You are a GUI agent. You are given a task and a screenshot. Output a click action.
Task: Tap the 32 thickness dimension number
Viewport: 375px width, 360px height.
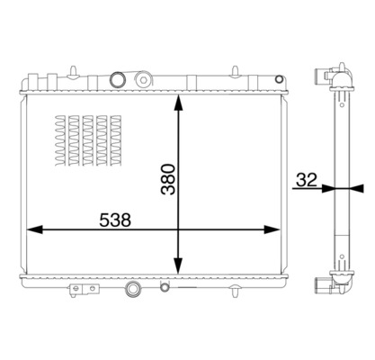tap(304, 179)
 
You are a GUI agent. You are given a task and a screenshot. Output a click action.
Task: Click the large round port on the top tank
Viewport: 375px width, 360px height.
tap(116, 80)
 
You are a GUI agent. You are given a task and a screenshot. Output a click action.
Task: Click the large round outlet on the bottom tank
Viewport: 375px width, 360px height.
tap(133, 290)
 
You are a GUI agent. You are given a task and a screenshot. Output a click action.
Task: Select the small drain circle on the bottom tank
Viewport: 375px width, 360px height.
tap(164, 288)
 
